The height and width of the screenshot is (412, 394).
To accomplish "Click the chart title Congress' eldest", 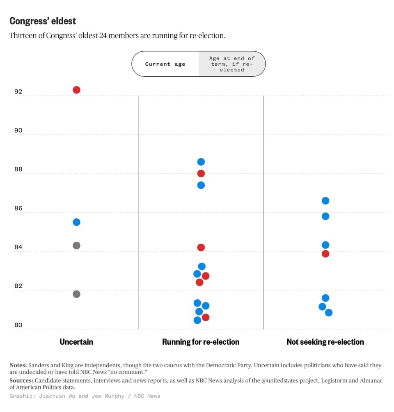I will point(43,21).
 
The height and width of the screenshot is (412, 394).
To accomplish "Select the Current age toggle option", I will point(165,64).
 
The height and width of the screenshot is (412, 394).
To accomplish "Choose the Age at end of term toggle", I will point(232,64).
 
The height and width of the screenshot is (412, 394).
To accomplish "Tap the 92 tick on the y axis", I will point(18,92).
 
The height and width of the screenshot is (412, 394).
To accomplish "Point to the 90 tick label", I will point(18,130).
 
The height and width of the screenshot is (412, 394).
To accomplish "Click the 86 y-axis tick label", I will point(18,208).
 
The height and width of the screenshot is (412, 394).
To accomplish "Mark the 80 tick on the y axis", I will point(18,325).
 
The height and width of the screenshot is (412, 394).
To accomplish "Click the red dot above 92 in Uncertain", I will point(76,90).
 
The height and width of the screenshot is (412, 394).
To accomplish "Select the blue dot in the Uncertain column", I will point(76,222).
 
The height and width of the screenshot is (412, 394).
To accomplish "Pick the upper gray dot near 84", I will point(76,245).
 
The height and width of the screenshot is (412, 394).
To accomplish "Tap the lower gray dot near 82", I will point(76,294).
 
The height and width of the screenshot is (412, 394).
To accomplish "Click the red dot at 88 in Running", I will point(201,174).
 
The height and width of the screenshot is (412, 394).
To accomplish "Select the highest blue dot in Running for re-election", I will point(201,162).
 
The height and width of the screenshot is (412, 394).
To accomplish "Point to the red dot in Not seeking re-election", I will point(325,254).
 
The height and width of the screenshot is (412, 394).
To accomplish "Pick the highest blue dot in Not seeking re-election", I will point(325,201).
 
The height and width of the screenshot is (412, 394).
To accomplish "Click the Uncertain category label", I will point(76,342).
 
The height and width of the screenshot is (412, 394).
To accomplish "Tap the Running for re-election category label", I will point(201,342).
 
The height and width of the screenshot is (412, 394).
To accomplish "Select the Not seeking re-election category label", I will point(325,342).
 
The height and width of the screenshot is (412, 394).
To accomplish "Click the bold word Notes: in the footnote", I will point(18,365).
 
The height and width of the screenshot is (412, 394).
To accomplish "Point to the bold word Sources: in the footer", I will point(21,381).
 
